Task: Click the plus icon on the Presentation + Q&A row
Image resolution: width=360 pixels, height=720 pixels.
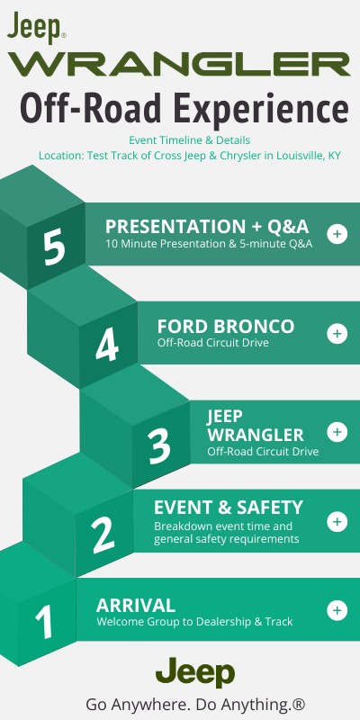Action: [x=337, y=234]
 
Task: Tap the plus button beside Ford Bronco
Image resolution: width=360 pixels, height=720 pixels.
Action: [x=337, y=333]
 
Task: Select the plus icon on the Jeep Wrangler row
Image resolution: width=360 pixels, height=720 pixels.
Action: [x=337, y=431]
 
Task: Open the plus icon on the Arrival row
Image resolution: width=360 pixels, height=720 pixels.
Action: [x=337, y=610]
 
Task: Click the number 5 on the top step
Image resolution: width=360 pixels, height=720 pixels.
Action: [x=54, y=248]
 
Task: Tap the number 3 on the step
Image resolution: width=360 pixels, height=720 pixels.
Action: [x=159, y=445]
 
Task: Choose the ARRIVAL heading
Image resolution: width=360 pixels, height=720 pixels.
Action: [x=135, y=604]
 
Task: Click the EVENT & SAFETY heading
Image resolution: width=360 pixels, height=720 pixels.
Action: [x=228, y=507]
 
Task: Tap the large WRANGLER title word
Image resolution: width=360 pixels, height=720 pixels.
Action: [x=179, y=64]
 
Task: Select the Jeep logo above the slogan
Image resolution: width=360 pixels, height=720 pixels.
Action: [x=195, y=672]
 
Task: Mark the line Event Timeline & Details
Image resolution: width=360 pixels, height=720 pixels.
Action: [x=189, y=140]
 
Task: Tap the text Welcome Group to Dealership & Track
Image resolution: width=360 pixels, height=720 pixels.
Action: [x=194, y=622]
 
